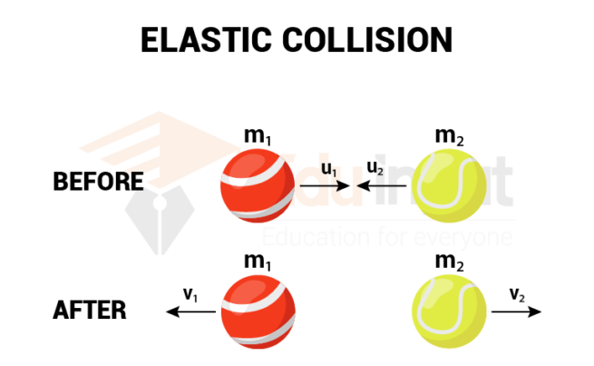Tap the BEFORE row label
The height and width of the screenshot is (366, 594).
(x=99, y=182)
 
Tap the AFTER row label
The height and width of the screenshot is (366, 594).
(x=90, y=311)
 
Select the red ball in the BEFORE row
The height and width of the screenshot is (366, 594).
(x=258, y=186)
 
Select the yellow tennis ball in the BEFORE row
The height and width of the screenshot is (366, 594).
(x=449, y=186)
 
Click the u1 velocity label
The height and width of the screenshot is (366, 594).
(x=329, y=169)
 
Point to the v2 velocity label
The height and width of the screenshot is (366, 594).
(x=517, y=293)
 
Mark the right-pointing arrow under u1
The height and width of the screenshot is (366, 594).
(x=325, y=186)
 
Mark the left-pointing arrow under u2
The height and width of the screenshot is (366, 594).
(x=381, y=186)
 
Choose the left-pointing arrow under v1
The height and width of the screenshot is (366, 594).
(x=190, y=312)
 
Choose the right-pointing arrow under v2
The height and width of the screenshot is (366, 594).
(x=516, y=312)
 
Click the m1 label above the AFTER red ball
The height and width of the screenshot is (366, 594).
(x=258, y=262)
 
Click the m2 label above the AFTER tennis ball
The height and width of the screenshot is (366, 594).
(x=448, y=262)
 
